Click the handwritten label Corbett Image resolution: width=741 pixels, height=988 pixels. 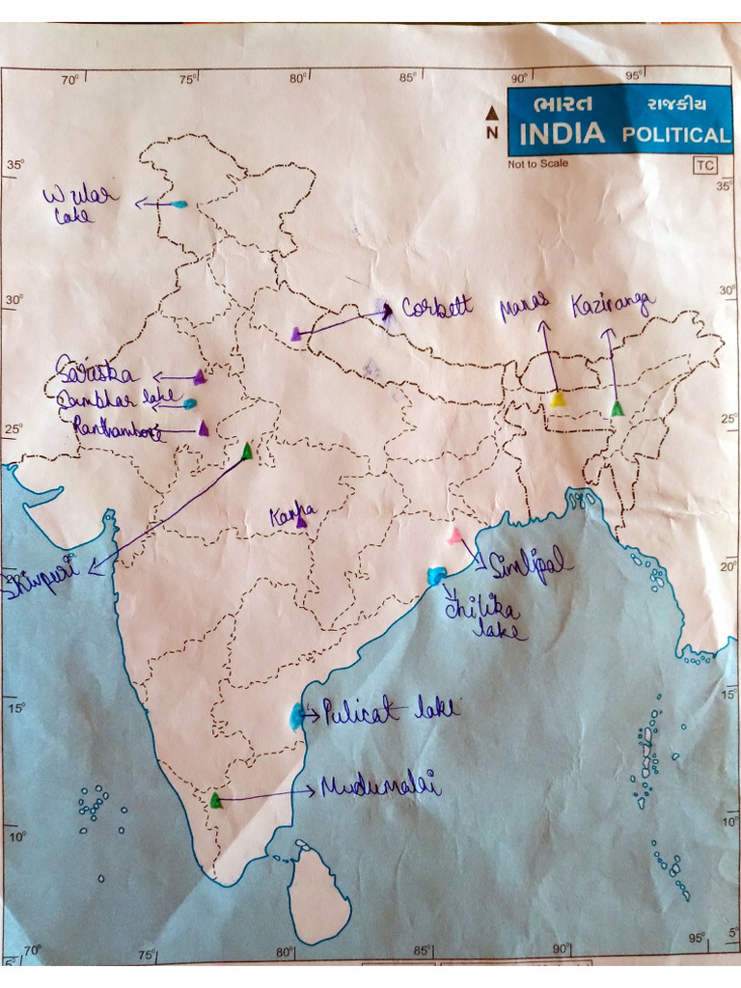point(437,308)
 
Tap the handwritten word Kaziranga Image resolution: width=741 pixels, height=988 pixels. point(613,305)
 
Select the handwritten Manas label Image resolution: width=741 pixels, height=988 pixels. point(524,309)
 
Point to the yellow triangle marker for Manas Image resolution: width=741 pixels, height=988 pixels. point(558,399)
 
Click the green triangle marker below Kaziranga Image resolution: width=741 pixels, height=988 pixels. point(617,409)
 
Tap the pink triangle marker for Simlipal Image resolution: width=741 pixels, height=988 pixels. point(454,535)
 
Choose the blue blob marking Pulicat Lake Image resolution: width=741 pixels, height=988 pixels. point(297,716)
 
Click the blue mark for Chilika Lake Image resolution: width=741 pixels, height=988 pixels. point(437,576)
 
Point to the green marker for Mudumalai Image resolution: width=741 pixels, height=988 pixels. point(216,800)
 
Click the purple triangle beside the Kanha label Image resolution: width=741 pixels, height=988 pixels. point(302,522)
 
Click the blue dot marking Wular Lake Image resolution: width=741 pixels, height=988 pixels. point(178,205)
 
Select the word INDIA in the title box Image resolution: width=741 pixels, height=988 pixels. point(563,133)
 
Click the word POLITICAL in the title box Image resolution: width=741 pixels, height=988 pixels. point(675,134)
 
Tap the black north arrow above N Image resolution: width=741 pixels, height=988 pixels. point(492,113)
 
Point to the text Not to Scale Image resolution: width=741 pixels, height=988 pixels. point(538,164)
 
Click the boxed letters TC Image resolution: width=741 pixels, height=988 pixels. point(704,165)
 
